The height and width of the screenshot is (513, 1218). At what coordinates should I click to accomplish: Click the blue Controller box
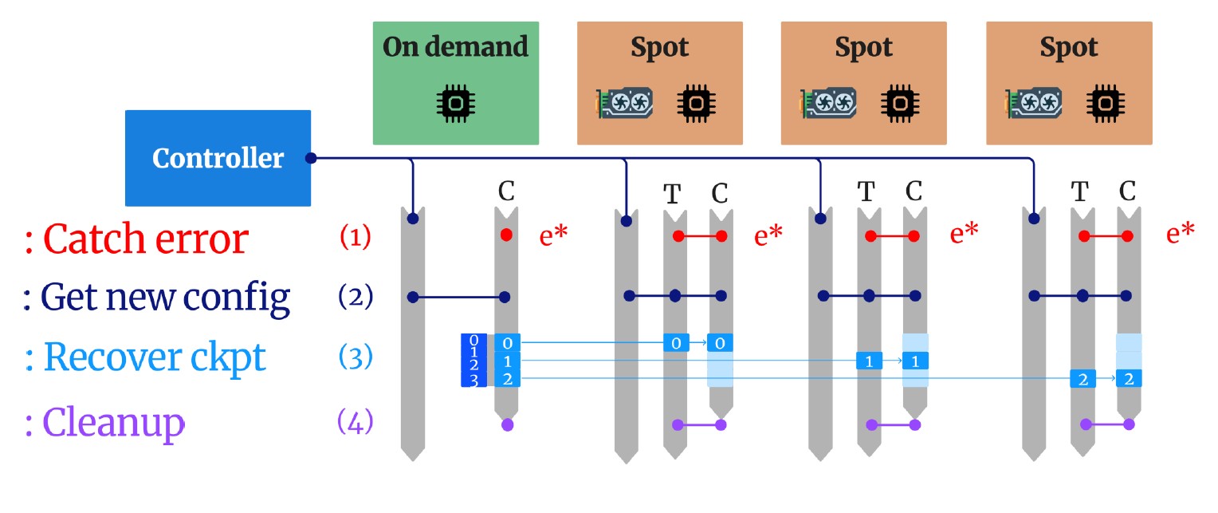[218, 158]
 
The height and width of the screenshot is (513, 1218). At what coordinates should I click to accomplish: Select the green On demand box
[455, 83]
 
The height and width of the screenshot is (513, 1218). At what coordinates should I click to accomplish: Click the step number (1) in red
[356, 238]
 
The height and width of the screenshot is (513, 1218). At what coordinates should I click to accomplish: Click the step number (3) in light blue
[356, 357]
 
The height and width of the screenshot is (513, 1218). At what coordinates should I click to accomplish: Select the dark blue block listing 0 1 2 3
[473, 361]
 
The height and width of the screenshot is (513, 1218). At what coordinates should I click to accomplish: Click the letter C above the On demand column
[506, 191]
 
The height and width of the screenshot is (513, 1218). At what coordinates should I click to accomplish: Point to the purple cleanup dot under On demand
[507, 425]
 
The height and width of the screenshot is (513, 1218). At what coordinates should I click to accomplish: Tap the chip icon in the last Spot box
[1102, 103]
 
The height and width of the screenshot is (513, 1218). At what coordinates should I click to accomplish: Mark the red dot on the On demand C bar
[506, 235]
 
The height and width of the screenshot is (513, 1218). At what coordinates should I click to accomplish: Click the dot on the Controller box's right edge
[311, 158]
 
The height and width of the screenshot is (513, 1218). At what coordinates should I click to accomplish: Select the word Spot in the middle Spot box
[863, 48]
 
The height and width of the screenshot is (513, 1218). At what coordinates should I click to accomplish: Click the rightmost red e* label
[1180, 234]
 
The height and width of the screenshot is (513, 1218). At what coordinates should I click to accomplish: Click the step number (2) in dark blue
[356, 298]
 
